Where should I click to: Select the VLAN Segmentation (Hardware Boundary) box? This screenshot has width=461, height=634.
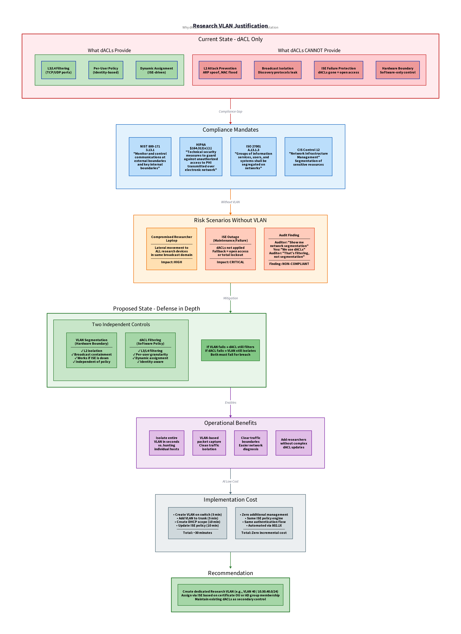click(92, 350)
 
